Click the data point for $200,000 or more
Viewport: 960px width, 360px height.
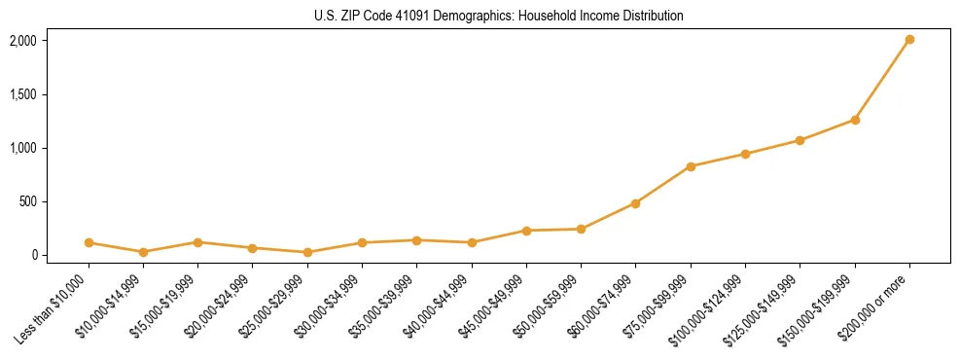pyautogui.click(x=909, y=40)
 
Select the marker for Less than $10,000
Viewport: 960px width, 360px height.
pyautogui.click(x=89, y=242)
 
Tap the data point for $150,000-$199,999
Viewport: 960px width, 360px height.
pyautogui.click(x=855, y=120)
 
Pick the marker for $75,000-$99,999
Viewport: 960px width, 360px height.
pyautogui.click(x=691, y=166)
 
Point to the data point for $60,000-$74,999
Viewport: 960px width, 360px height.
pyautogui.click(x=635, y=203)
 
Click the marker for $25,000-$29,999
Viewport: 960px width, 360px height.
pyautogui.click(x=307, y=252)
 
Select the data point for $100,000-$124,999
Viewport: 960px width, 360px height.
pyautogui.click(x=745, y=154)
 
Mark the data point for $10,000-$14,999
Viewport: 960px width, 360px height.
pyautogui.click(x=143, y=252)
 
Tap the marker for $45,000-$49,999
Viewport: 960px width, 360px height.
pyautogui.click(x=526, y=231)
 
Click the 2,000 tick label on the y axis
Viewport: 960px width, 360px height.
pyautogui.click(x=22, y=41)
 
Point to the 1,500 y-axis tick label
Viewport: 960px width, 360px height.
pyautogui.click(x=22, y=94)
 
